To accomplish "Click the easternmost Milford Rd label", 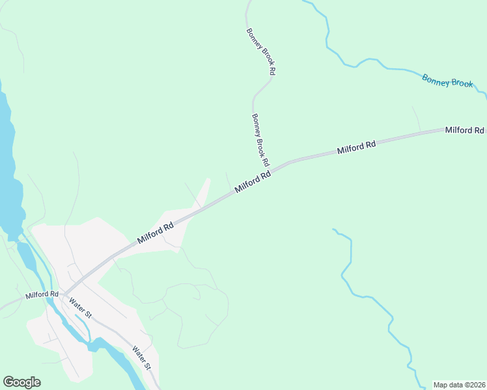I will tap(465, 130).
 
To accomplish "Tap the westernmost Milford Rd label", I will tap(42, 295).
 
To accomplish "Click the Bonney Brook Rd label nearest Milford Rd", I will tap(260, 139).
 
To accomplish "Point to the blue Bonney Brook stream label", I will tap(447, 81).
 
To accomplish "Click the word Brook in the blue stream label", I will tap(462, 83).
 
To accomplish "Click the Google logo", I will tap(21, 382).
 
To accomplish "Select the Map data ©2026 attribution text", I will tap(458, 385).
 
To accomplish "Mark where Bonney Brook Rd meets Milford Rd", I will tap(272, 170).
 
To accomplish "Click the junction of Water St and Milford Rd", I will tap(64, 294).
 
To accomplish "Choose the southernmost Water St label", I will tap(142, 358).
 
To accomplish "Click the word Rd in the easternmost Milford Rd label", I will tap(479, 130).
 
